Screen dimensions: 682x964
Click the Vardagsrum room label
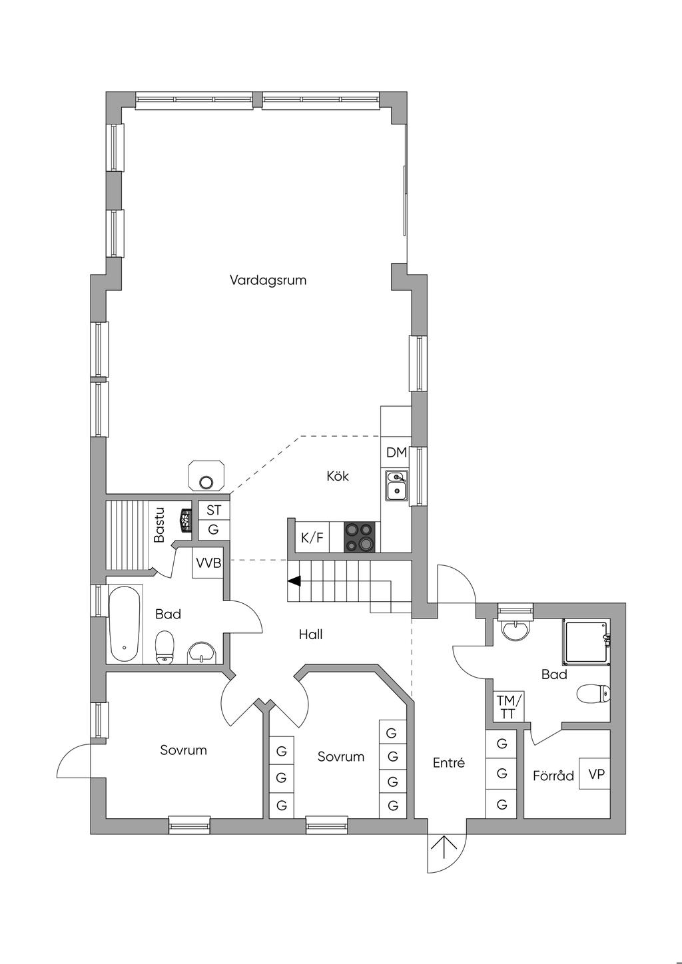(x=268, y=280)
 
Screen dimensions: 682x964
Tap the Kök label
(x=338, y=476)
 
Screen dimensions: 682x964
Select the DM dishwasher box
(x=396, y=452)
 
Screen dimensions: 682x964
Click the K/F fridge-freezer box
(x=312, y=537)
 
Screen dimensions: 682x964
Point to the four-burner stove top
(x=359, y=537)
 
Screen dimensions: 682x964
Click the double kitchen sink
(x=396, y=486)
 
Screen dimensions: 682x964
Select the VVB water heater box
(x=208, y=563)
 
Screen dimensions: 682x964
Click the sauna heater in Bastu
(x=186, y=521)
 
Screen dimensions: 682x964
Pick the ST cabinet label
(x=214, y=511)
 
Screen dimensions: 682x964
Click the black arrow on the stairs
(x=294, y=581)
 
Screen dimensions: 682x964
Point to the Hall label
(x=310, y=634)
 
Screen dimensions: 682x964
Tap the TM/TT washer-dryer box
(x=508, y=706)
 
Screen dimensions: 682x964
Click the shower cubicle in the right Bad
(x=586, y=641)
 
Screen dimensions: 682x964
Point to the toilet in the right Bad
(x=593, y=693)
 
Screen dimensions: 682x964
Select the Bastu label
(x=159, y=525)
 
